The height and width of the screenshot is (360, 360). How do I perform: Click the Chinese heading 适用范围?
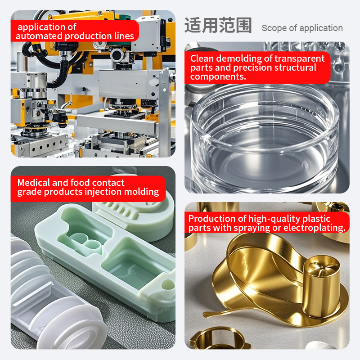218,25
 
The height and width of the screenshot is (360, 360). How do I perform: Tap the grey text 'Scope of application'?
302,28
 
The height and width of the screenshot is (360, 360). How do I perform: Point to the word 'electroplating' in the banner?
314,228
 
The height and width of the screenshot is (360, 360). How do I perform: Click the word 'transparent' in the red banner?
300,59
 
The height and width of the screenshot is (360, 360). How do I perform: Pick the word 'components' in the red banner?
218,76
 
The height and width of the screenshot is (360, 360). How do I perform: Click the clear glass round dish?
264,138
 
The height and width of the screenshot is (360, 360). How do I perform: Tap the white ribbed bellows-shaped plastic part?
53,298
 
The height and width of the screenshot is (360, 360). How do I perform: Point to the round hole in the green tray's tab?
168,285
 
